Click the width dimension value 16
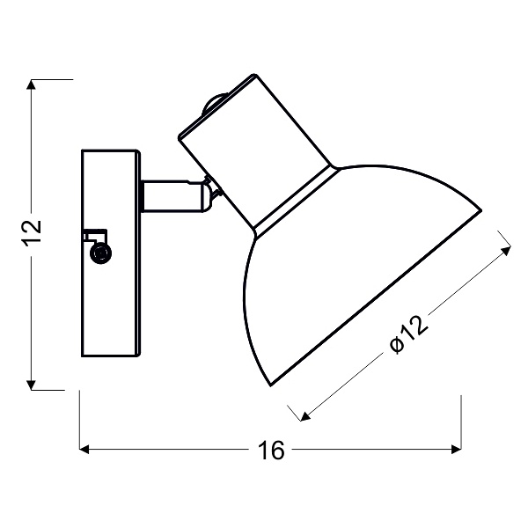coord(272,451)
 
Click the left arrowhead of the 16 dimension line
coord(86,450)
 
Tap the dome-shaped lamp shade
coord(352,264)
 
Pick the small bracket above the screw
coord(93,236)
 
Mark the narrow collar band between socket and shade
coord(295,198)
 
